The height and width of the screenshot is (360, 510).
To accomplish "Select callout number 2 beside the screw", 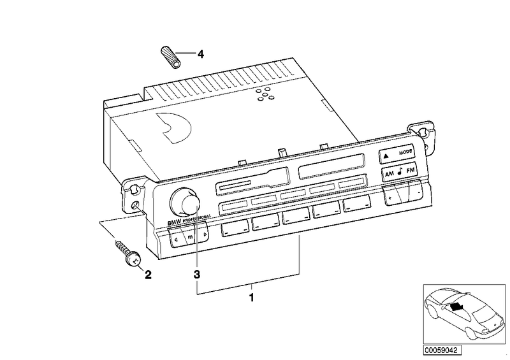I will coord(149,275).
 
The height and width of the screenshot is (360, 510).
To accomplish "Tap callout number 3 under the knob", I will coord(197,275).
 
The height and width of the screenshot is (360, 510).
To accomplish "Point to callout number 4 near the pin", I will coord(200,54).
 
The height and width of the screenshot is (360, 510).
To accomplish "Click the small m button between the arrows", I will coord(190,237).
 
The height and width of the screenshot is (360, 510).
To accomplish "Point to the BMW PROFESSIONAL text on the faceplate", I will coord(188,220).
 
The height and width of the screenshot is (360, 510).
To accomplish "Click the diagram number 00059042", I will coord(443,350).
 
